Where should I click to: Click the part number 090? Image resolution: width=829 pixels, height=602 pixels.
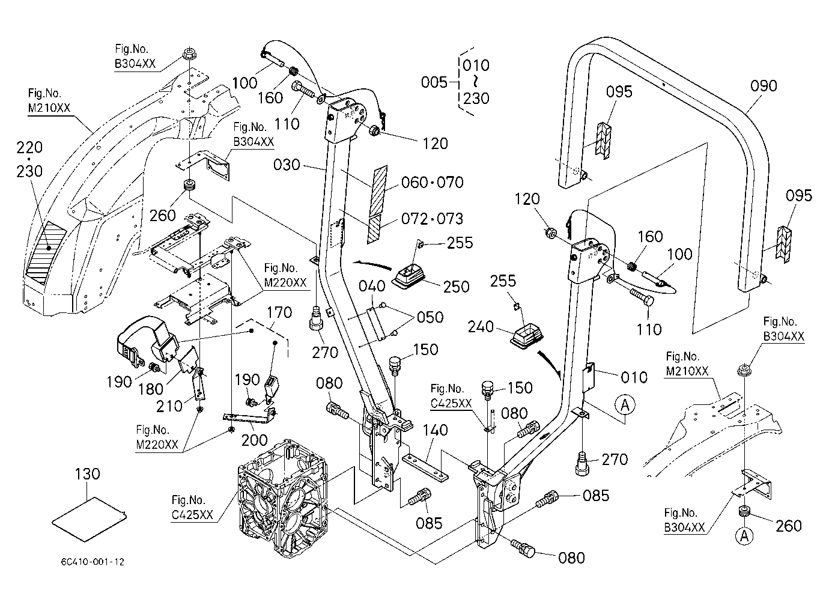coord(763,86)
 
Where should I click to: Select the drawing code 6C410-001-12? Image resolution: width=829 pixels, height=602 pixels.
coord(93,562)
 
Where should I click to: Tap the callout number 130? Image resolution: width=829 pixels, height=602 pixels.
coord(87,474)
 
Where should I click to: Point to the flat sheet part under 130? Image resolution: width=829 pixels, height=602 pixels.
coord(89,519)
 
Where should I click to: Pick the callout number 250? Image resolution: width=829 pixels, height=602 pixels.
coord(456,287)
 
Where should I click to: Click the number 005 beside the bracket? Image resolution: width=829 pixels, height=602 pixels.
coord(434,82)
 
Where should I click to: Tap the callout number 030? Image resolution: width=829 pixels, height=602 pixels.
coord(287,165)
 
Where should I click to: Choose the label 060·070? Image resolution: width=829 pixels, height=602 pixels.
coord(433,183)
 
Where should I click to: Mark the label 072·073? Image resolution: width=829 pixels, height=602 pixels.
coord(433,219)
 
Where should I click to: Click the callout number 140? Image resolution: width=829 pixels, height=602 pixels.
coord(435,430)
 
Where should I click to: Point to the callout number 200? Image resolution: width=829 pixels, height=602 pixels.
coord(254,440)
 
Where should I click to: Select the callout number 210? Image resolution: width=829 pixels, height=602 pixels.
coord(169,406)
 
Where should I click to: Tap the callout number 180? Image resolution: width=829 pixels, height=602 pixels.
coord(151,389)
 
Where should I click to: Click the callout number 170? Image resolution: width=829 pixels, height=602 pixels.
coord(279,312)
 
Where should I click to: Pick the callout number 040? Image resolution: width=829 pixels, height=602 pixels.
coord(372,286)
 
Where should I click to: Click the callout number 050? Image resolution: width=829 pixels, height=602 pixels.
coord(430,317)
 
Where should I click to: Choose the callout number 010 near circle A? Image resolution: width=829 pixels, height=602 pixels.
coord(634,378)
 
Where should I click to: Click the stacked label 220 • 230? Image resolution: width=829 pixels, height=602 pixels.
coord(29,159)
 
